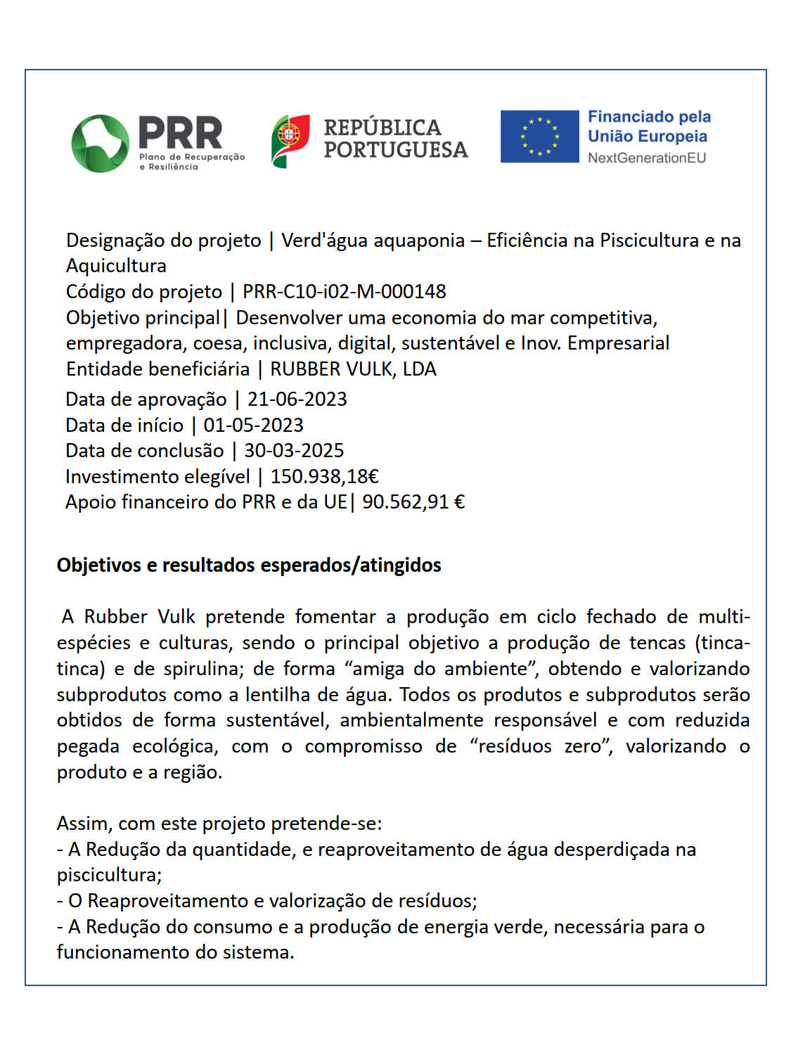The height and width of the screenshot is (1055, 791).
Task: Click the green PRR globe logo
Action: (x=100, y=143)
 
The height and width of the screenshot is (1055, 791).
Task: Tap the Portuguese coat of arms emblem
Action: (x=290, y=141)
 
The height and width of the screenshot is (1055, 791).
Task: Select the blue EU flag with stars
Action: (x=539, y=136)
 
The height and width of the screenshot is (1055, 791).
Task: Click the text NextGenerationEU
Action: (x=646, y=158)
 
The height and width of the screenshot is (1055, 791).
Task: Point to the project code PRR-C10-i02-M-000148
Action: (x=344, y=291)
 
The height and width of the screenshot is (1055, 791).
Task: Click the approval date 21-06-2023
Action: (x=297, y=399)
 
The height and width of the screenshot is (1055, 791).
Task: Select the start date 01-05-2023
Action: (x=253, y=426)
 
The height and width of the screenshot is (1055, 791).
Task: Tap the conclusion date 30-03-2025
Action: (x=294, y=451)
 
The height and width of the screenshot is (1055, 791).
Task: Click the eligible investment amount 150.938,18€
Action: (x=324, y=477)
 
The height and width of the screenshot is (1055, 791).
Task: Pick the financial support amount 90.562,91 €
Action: (x=413, y=502)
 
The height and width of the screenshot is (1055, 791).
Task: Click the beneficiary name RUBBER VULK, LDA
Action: (x=353, y=369)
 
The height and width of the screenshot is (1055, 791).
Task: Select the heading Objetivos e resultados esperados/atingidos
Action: (x=249, y=565)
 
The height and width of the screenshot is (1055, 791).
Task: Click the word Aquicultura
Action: (x=116, y=266)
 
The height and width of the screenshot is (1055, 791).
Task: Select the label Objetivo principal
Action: (x=143, y=318)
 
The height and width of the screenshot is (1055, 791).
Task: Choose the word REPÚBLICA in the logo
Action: (x=382, y=127)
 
